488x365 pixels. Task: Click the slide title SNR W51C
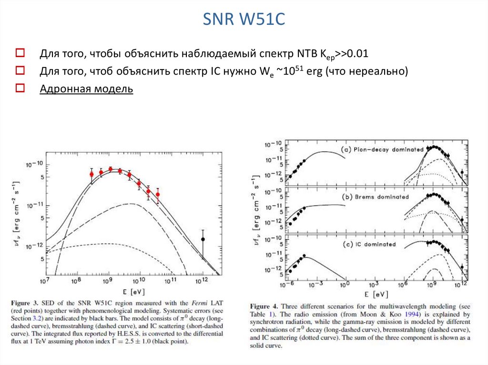coord(244,20)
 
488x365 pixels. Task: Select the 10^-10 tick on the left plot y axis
coord(35,165)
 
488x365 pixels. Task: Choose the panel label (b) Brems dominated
coord(374,197)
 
